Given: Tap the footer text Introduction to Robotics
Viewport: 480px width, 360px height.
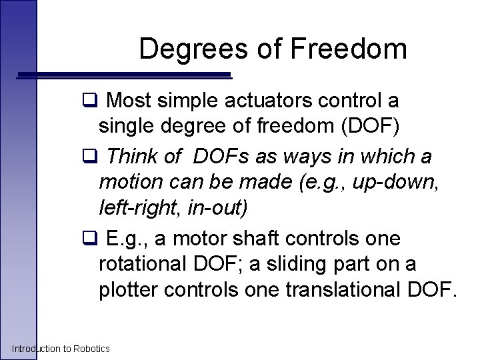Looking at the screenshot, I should (x=61, y=349).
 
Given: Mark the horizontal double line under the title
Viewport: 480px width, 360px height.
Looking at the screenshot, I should (x=127, y=76).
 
